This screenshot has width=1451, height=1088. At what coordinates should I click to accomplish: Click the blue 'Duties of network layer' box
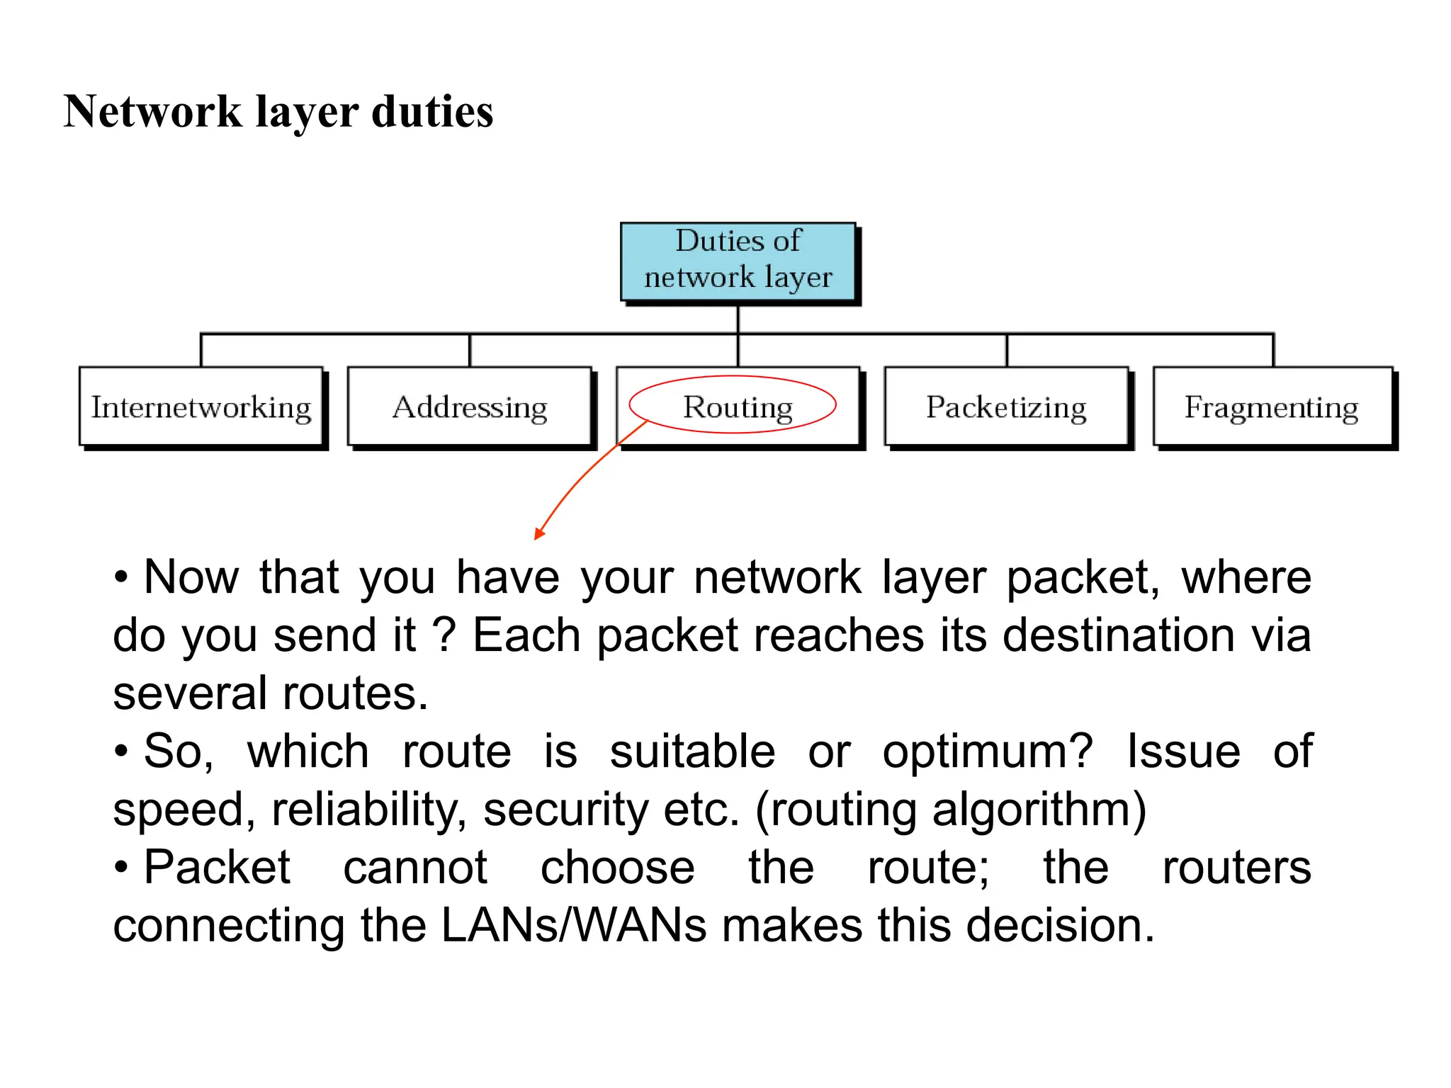[x=738, y=261]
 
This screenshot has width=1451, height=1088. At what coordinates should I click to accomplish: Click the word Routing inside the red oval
[x=738, y=407]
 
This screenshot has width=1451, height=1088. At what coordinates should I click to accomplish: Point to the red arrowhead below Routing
[x=539, y=533]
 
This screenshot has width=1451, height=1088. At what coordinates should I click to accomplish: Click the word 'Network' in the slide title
[x=153, y=112]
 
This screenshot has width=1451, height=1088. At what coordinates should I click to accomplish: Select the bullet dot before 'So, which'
[x=121, y=751]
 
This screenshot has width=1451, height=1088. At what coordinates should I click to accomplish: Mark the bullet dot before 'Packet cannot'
[x=121, y=867]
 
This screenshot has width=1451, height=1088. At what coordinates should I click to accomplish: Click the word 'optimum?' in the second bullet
[x=988, y=752]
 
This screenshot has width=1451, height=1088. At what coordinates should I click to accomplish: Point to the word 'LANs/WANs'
[x=574, y=926]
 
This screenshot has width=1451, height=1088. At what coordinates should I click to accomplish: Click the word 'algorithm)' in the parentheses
[x=1039, y=810]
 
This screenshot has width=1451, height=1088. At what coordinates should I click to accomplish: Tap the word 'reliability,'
[x=368, y=810]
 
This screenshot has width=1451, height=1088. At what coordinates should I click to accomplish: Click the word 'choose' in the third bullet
[x=618, y=868]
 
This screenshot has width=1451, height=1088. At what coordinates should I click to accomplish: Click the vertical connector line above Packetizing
[x=1007, y=350]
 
